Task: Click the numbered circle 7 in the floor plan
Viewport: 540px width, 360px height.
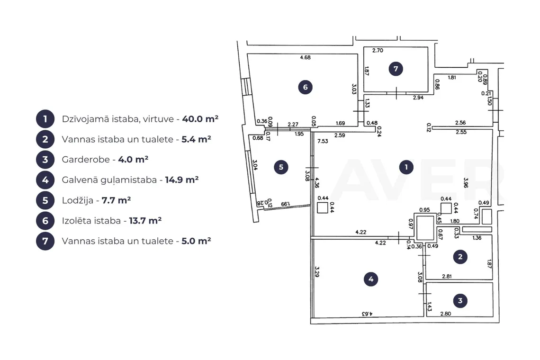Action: pyautogui.click(x=396, y=69)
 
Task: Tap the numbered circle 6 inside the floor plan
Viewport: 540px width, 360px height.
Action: pyautogui.click(x=305, y=87)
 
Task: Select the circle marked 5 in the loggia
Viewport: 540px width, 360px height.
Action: pyautogui.click(x=281, y=167)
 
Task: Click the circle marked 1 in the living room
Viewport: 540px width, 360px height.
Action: pyautogui.click(x=406, y=167)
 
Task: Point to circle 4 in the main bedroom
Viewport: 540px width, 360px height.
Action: pyautogui.click(x=371, y=279)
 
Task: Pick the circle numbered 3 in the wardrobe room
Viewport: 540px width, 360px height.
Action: pyautogui.click(x=460, y=301)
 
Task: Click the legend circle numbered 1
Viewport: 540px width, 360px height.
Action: pyautogui.click(x=45, y=119)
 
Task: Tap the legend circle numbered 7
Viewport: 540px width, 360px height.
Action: pyautogui.click(x=45, y=241)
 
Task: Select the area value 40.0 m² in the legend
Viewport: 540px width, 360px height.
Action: pyautogui.click(x=200, y=119)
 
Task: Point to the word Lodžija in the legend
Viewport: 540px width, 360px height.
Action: pyautogui.click(x=78, y=200)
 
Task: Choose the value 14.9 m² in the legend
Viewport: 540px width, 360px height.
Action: pyautogui.click(x=182, y=180)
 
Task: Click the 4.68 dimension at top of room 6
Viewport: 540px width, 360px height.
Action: pyautogui.click(x=305, y=57)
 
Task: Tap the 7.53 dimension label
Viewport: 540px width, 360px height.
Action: pyautogui.click(x=323, y=141)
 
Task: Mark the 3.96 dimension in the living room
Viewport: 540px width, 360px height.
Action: pyautogui.click(x=466, y=182)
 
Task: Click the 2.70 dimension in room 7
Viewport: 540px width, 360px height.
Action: pyautogui.click(x=378, y=50)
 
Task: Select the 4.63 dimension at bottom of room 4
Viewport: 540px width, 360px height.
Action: pyautogui.click(x=367, y=314)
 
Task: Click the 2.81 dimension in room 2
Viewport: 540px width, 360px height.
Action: pyautogui.click(x=447, y=276)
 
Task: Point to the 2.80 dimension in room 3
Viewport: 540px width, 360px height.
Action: pyautogui.click(x=446, y=314)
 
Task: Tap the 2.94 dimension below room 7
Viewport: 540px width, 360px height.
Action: pyautogui.click(x=418, y=98)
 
